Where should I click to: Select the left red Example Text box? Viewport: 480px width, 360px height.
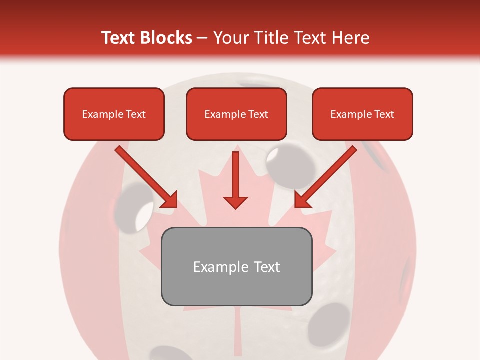coord(114,114)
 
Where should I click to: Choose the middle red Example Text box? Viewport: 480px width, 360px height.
coord(236,114)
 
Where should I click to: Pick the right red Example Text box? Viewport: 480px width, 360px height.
coord(362,114)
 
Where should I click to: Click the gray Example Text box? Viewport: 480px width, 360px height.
coord(236,266)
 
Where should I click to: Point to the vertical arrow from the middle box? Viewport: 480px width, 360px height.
coord(235,175)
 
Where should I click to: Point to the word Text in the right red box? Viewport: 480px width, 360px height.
coord(384,114)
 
